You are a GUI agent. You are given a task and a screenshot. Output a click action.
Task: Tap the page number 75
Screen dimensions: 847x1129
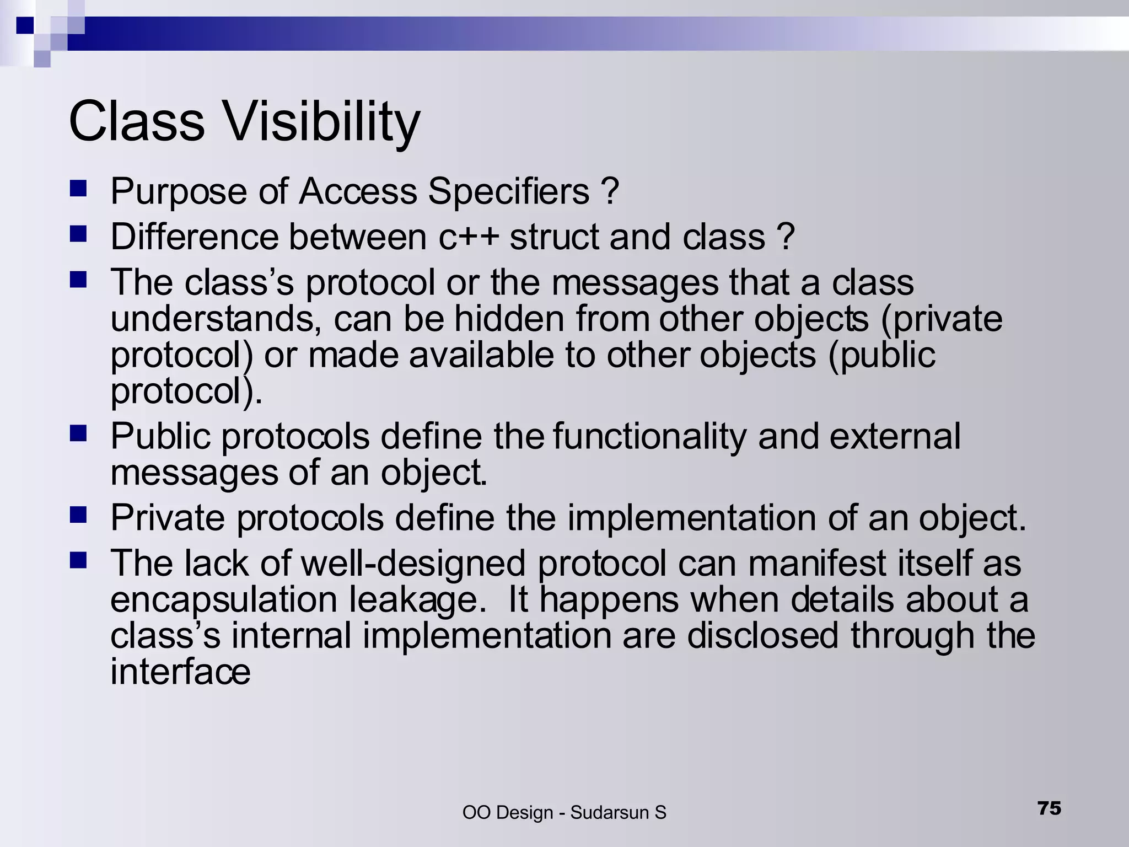pyautogui.click(x=1049, y=808)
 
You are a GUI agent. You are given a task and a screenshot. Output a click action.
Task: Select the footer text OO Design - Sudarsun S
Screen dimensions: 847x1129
pyautogui.click(x=564, y=812)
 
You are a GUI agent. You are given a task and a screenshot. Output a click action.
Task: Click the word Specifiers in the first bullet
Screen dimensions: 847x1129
pyautogui.click(x=508, y=191)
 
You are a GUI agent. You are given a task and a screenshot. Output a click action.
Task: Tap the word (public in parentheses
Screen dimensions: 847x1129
pyautogui.click(x=881, y=355)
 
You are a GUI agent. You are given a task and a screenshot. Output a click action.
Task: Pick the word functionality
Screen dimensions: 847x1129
pyautogui.click(x=649, y=437)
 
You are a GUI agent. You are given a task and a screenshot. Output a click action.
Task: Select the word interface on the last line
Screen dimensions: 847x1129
pyautogui.click(x=180, y=672)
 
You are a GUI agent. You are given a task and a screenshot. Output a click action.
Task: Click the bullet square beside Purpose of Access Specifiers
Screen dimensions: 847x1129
pyautogui.click(x=79, y=190)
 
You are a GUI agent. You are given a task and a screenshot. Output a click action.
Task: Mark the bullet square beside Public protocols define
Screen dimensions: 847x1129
pyautogui.click(x=79, y=434)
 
